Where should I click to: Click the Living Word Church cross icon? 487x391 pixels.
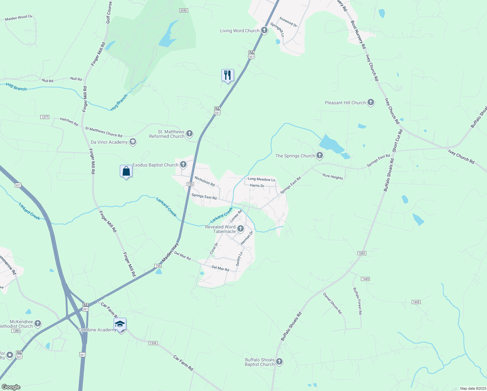point(264,31)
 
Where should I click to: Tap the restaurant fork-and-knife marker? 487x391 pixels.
point(228,75)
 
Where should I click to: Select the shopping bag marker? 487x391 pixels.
point(126,171)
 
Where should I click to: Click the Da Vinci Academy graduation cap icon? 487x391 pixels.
point(132,142)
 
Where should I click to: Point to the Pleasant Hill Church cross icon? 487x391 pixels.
point(370,103)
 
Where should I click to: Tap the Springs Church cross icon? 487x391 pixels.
point(320,156)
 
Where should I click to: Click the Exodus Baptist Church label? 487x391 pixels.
point(155,165)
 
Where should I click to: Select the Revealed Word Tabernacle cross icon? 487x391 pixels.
point(241,229)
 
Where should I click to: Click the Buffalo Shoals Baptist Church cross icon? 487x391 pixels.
point(279,362)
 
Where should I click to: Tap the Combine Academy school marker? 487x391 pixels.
point(120,324)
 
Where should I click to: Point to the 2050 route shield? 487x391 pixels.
point(184,10)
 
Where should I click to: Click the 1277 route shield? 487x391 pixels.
point(45,117)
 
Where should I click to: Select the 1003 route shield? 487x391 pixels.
point(362,253)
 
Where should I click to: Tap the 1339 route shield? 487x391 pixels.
point(153,343)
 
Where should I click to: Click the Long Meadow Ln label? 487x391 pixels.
point(261,179)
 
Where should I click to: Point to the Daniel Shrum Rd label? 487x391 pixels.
point(332,303)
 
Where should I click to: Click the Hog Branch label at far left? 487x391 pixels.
point(16,87)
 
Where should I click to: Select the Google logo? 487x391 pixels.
point(11,387)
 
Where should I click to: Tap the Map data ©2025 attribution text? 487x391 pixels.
point(472,388)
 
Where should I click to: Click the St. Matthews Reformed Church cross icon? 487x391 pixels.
point(189,134)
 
